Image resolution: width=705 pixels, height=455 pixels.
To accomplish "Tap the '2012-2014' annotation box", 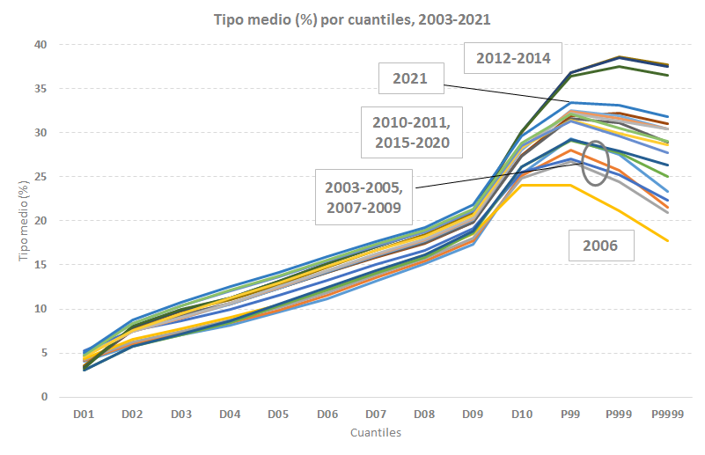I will coord(513,59).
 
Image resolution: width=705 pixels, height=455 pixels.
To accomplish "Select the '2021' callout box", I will coord(411,78).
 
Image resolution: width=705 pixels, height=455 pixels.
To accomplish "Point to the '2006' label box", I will coord(607,246).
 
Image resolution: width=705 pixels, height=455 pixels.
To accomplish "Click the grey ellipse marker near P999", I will coord(596,164).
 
